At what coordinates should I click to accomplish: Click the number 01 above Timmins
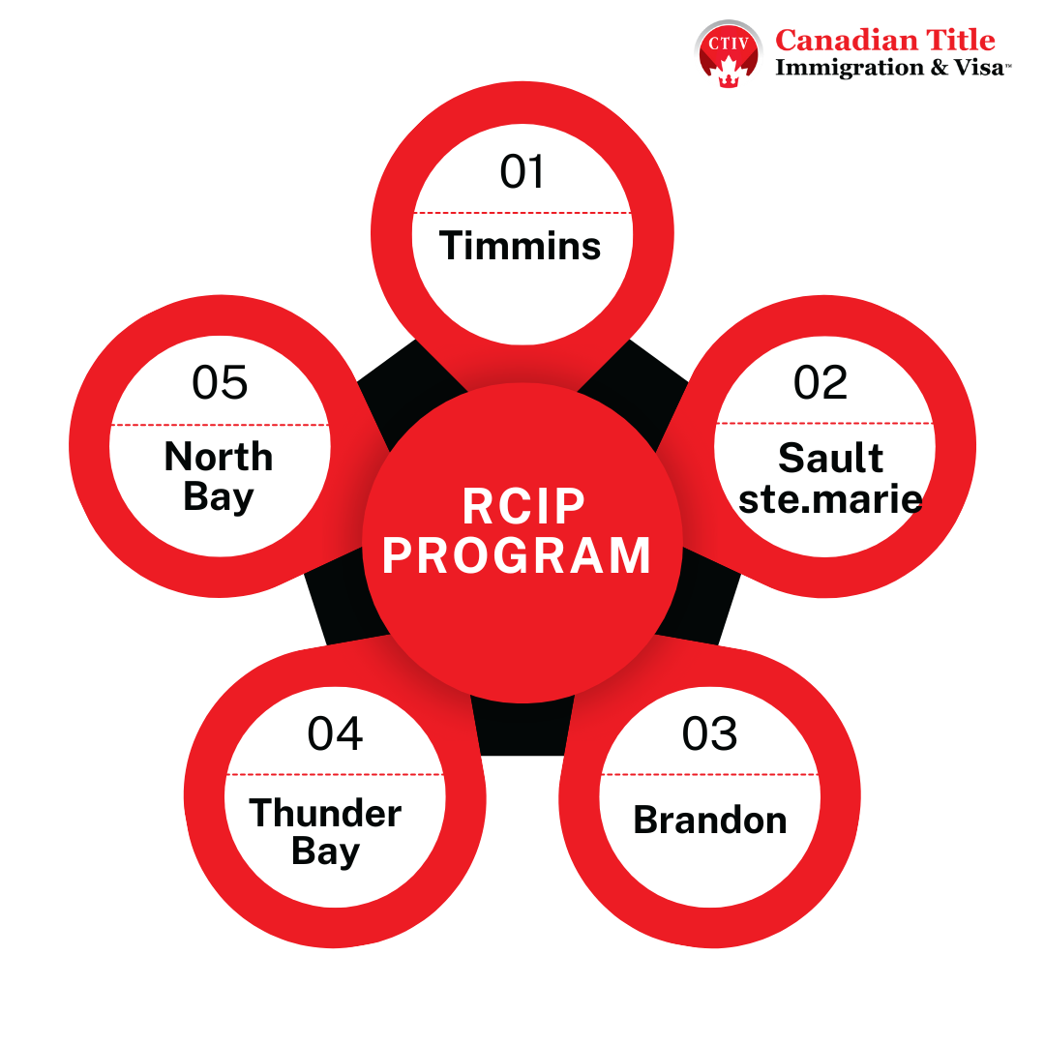pyautogui.click(x=522, y=171)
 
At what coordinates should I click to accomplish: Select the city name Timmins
pyautogui.click(x=520, y=245)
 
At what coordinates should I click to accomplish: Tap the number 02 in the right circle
pyautogui.click(x=821, y=382)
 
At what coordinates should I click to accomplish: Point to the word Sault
pyautogui.click(x=830, y=458)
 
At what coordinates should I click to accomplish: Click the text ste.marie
pyautogui.click(x=830, y=499)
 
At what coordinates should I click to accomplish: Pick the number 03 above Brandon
pyautogui.click(x=710, y=733)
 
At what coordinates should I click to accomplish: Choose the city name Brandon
pyautogui.click(x=710, y=820)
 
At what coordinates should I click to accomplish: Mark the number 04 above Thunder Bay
pyautogui.click(x=335, y=733)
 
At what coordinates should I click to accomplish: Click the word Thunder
pyautogui.click(x=325, y=813)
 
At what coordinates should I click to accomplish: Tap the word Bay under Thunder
pyautogui.click(x=325, y=852)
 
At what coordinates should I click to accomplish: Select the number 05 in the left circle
pyautogui.click(x=220, y=382)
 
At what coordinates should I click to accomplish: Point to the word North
pyautogui.click(x=219, y=457)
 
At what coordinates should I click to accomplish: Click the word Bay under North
pyautogui.click(x=219, y=497)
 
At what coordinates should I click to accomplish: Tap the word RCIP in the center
pyautogui.click(x=523, y=506)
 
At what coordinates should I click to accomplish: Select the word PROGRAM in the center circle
pyautogui.click(x=517, y=555)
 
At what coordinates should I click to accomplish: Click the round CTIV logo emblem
pyautogui.click(x=729, y=54)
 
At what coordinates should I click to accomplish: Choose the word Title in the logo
pyautogui.click(x=961, y=40)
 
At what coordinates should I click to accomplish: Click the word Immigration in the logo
pyautogui.click(x=850, y=68)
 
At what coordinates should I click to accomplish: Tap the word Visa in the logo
pyautogui.click(x=978, y=68)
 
